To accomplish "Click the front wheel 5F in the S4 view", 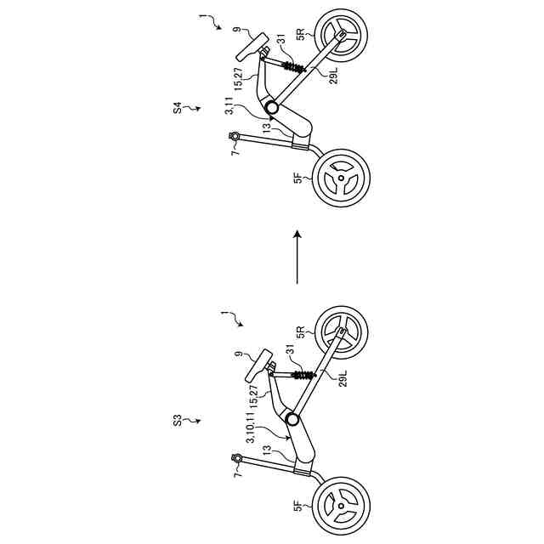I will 342,178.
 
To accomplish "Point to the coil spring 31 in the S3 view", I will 300,374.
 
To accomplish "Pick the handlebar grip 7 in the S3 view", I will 237,459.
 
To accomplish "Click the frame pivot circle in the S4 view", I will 271,108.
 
